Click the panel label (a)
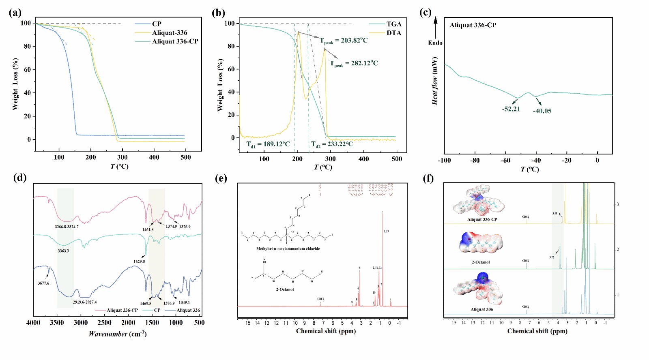[15, 13]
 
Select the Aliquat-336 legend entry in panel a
[170, 33]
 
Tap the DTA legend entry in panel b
[393, 33]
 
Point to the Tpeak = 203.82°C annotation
[344, 41]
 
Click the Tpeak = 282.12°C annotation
[354, 63]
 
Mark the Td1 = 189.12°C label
[268, 144]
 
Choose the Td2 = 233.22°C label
[332, 144]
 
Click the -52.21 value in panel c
[511, 109]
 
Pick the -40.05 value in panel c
[542, 111]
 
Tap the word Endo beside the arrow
[435, 43]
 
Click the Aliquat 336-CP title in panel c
[473, 25]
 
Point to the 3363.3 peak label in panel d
[63, 251]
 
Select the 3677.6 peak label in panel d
[43, 283]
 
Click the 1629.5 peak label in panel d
[139, 261]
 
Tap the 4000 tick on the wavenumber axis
[33, 323]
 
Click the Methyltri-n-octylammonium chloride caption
[288, 249]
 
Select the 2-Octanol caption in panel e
[285, 289]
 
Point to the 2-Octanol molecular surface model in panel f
[481, 243]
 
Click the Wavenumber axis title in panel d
[118, 334]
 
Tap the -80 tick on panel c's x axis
[475, 161]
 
